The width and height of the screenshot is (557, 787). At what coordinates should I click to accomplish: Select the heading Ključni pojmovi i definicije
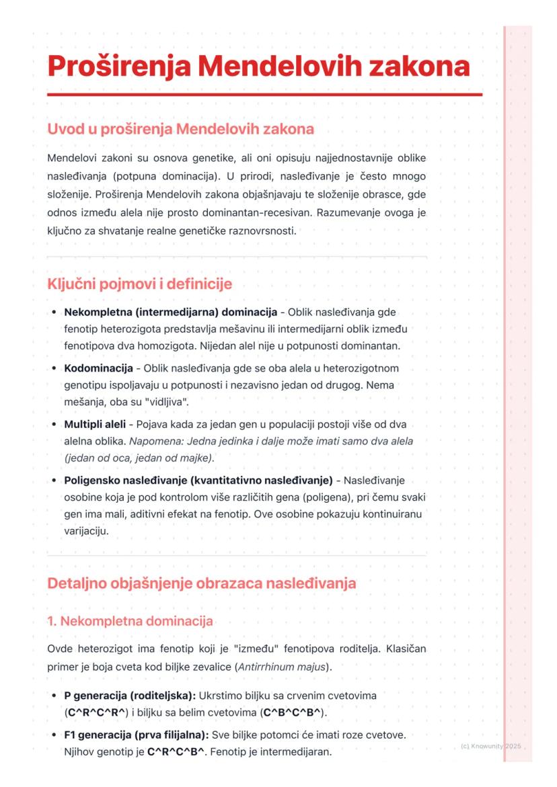pyautogui.click(x=139, y=284)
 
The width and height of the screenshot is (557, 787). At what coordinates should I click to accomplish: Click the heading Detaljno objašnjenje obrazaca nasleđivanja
pyautogui.click(x=201, y=583)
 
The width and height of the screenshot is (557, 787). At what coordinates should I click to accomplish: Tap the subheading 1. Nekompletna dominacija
pyautogui.click(x=130, y=621)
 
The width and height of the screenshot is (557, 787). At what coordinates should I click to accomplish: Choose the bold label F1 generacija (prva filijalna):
pyautogui.click(x=137, y=735)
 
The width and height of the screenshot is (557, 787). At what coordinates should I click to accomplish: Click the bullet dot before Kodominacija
pyautogui.click(x=54, y=369)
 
